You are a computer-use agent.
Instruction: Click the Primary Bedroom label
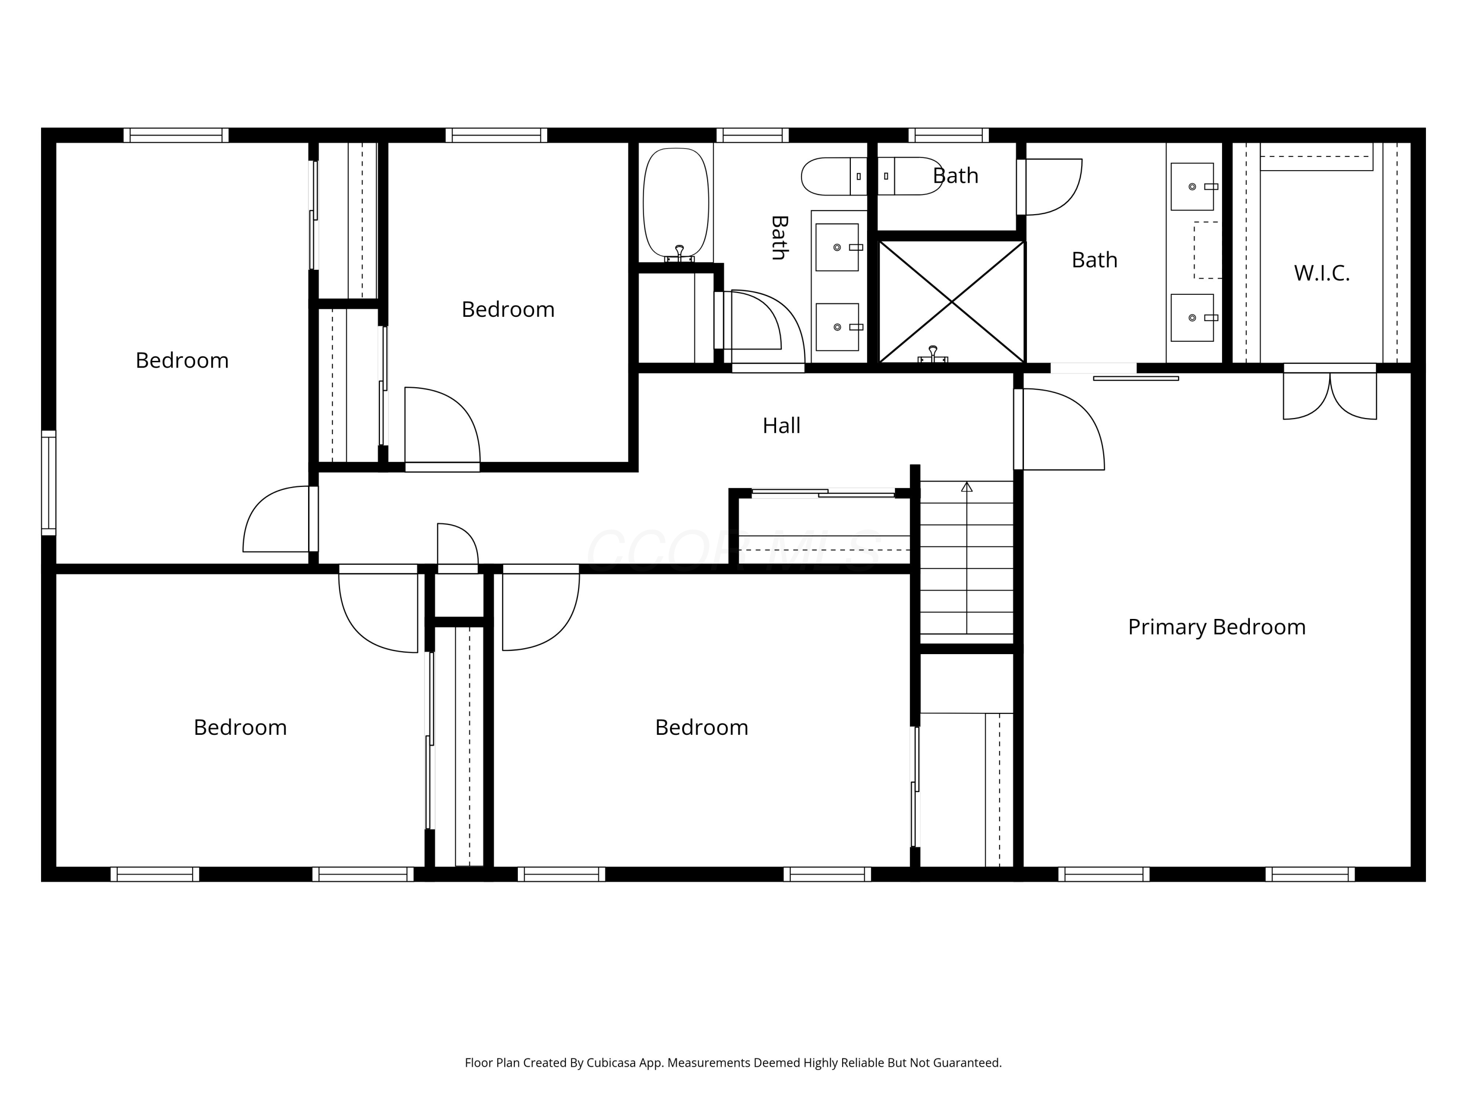pyautogui.click(x=1216, y=627)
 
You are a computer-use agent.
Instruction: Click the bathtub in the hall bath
pyautogui.click(x=676, y=203)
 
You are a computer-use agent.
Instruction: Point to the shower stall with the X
pyautogui.click(x=952, y=302)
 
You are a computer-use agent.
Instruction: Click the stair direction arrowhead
pyautogui.click(x=967, y=486)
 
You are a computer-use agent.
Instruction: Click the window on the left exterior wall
pyautogui.click(x=48, y=483)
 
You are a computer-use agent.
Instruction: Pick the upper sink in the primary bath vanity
pyautogui.click(x=1193, y=186)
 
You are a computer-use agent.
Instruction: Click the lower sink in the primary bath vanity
pyautogui.click(x=1193, y=318)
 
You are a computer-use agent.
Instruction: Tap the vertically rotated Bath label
pyautogui.click(x=780, y=238)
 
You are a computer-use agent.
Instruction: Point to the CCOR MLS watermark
pyautogui.click(x=733, y=550)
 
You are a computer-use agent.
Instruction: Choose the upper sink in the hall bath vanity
pyautogui.click(x=837, y=247)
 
